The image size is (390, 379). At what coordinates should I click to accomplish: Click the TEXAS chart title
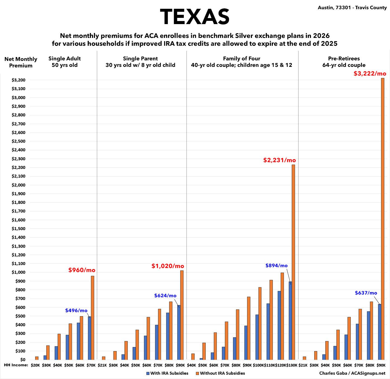pyautogui.click(x=195, y=17)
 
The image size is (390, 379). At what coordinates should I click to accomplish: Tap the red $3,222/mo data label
pyautogui.click(x=370, y=73)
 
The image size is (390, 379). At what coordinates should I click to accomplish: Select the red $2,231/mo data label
pyautogui.click(x=280, y=160)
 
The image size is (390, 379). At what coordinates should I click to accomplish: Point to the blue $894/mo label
pyautogui.click(x=276, y=266)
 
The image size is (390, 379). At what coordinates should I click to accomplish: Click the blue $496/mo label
pyautogui.click(x=76, y=311)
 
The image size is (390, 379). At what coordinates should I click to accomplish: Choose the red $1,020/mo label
pyautogui.click(x=168, y=266)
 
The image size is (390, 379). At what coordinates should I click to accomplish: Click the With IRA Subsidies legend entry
pyautogui.click(x=167, y=373)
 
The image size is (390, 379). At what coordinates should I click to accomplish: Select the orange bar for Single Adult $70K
pyautogui.click(x=93, y=318)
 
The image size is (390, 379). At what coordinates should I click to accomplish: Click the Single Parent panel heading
pyautogui.click(x=140, y=62)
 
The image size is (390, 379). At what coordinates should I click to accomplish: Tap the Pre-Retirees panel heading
pyautogui.click(x=344, y=62)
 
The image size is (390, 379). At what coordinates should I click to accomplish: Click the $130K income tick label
pyautogui.click(x=292, y=365)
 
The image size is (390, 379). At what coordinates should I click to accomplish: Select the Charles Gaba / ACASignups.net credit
pyautogui.click(x=352, y=373)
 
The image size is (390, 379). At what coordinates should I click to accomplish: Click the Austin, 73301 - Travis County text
pyautogui.click(x=352, y=8)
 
